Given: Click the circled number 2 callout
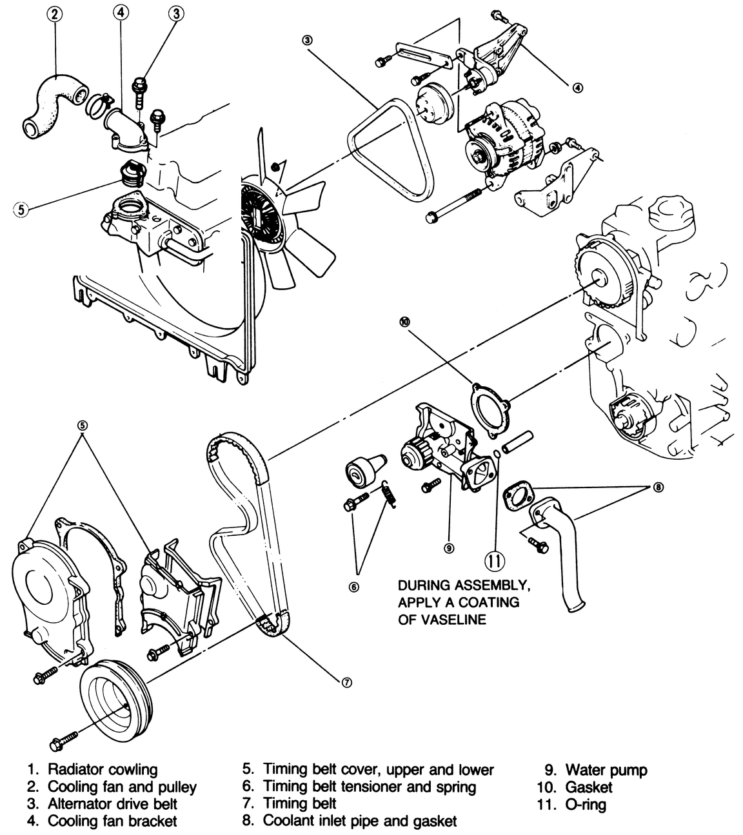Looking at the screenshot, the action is (55, 15).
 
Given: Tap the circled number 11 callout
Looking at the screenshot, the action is (495, 560).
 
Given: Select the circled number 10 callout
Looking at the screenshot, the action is (404, 323).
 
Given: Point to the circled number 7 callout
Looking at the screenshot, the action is (346, 683).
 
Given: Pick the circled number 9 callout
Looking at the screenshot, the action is (449, 548).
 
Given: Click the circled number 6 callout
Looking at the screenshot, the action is (354, 587).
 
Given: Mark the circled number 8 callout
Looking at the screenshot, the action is (658, 487).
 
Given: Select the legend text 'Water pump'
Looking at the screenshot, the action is (606, 769).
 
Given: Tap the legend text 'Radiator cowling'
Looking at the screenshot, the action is (103, 769).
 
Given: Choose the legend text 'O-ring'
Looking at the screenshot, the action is (586, 804).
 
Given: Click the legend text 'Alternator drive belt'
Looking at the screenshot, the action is (113, 803).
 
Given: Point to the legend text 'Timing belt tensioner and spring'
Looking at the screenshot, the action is (370, 787).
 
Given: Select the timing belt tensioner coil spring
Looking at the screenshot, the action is (388, 494).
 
